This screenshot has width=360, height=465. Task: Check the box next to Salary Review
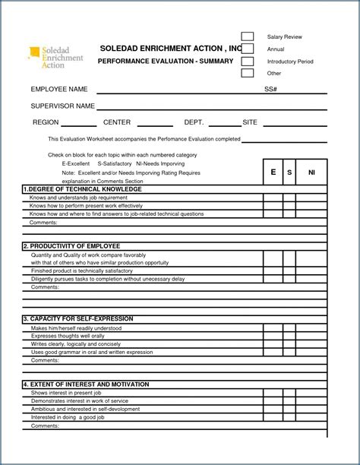[248, 36]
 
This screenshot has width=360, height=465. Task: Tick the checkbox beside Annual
[248, 49]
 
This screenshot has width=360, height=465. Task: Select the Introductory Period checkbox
[248, 61]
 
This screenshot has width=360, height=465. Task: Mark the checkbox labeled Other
[248, 73]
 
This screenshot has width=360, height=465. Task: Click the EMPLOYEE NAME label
[59, 90]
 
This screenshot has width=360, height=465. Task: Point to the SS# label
[270, 90]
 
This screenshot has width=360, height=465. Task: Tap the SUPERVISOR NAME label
[62, 106]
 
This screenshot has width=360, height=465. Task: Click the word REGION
[46, 122]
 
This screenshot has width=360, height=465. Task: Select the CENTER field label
[117, 122]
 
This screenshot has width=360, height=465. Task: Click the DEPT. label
[194, 122]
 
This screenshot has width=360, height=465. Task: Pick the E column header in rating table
[273, 172]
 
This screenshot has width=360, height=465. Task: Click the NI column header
[311, 172]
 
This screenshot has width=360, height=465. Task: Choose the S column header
[289, 172]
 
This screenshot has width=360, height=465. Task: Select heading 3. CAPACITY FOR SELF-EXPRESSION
[79, 319]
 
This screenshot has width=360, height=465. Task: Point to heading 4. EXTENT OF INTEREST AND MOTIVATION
[86, 384]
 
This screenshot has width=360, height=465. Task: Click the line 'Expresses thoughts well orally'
[68, 336]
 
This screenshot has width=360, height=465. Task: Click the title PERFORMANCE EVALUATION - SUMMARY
[166, 61]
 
